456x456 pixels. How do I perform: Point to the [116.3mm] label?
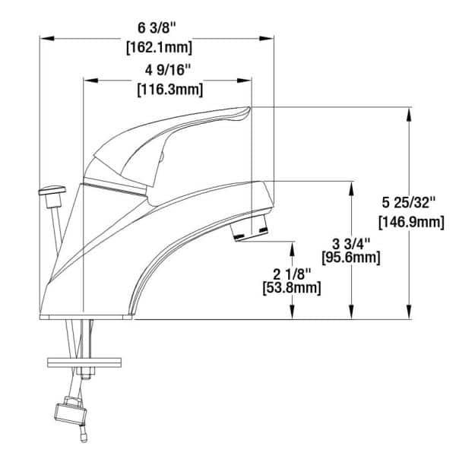(169, 90)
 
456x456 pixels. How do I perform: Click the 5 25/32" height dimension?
(410, 204)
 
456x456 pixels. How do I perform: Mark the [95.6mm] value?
(352, 258)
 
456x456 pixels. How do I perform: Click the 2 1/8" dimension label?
(291, 272)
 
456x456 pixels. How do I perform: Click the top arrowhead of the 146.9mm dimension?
(410, 112)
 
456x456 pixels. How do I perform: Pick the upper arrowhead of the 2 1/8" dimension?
(291, 245)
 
